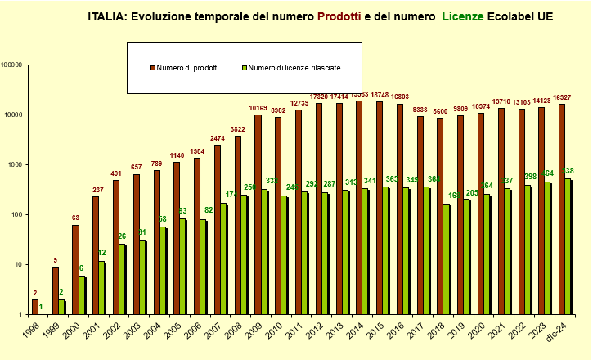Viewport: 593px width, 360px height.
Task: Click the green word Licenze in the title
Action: (x=465, y=16)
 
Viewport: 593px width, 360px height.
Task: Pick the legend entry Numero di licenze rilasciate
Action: (x=294, y=67)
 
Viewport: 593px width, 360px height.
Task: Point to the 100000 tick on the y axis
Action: (x=15, y=65)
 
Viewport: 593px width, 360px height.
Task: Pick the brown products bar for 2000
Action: (x=75, y=270)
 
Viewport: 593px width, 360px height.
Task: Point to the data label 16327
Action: (x=561, y=97)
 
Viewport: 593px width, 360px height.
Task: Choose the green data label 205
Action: (x=471, y=193)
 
